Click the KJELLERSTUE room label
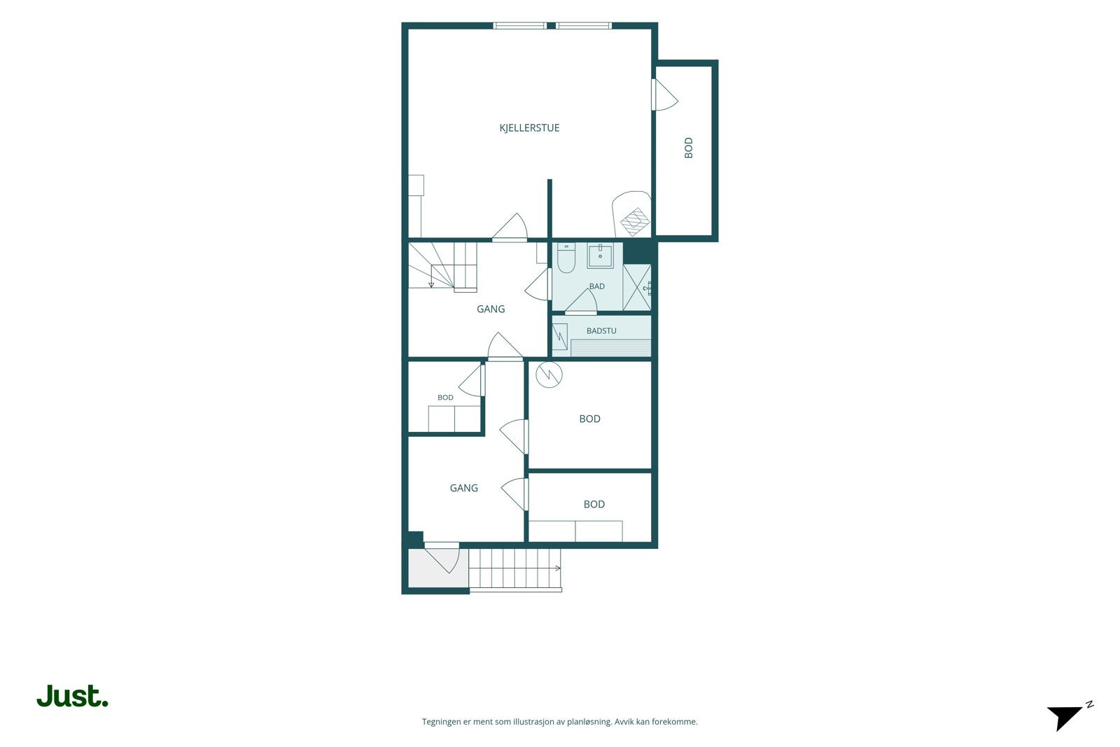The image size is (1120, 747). tap(529, 128)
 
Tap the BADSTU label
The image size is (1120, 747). tap(601, 331)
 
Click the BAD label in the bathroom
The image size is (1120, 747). tap(596, 286)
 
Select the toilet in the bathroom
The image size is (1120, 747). tap(566, 258)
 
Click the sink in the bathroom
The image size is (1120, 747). tap(600, 256)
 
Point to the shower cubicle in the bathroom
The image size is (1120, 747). tap(637, 287)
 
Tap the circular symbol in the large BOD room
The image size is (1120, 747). tap(549, 375)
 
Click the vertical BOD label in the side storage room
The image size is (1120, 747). tap(689, 148)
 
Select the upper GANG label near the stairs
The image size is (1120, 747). tap(491, 309)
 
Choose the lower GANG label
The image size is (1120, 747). tap(463, 488)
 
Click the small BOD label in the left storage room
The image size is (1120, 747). tap(445, 398)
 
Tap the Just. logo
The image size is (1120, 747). tap(73, 696)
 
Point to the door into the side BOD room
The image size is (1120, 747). tap(664, 95)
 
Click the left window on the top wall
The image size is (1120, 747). tap(519, 25)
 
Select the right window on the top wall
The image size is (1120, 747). tap(584, 25)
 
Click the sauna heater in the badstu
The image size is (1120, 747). tap(560, 337)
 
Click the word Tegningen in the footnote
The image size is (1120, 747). tap(442, 722)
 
